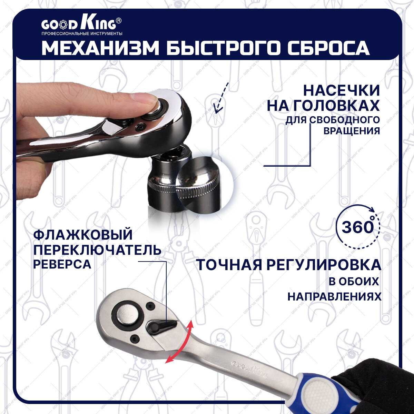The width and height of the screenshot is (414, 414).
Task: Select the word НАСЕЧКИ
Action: tap(342, 91)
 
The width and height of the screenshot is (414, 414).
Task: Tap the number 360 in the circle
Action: tap(358, 227)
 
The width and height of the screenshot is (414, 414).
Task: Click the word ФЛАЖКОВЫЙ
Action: tap(83, 235)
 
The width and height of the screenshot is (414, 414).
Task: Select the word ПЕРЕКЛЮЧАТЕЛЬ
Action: tap(97, 250)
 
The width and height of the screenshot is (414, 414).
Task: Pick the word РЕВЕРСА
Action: tap(62, 264)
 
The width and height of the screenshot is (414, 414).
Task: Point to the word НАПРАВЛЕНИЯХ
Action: tap(335, 296)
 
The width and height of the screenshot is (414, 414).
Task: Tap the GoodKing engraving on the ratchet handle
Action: tap(248, 373)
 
